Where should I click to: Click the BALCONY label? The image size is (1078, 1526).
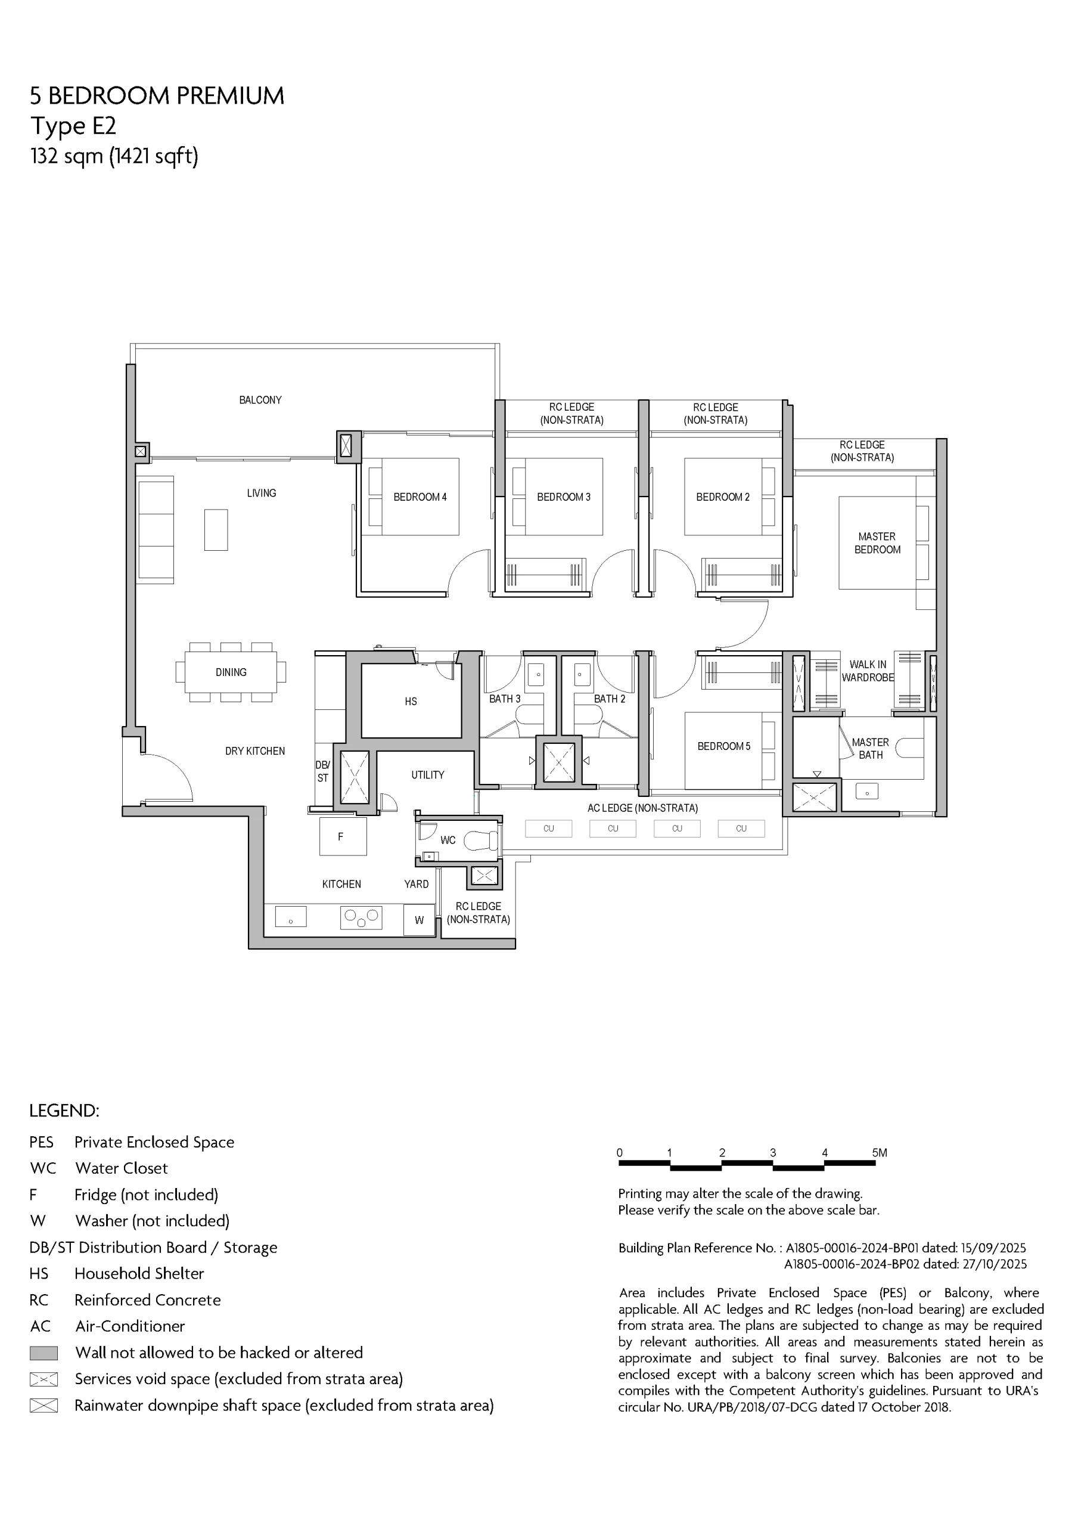coord(260,400)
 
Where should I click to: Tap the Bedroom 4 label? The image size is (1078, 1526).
coord(420,497)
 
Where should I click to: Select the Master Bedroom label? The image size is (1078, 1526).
coord(877,543)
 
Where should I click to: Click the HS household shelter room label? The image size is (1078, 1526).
coord(411,701)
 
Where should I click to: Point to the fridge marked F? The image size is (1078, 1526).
coord(343,837)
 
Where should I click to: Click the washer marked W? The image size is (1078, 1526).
coord(420,920)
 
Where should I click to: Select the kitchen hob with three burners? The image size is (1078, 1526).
coord(361,918)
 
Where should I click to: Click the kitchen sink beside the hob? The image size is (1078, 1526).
coord(290,917)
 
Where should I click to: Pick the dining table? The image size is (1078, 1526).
coord(231,672)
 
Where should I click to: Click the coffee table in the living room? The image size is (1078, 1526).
coord(216,530)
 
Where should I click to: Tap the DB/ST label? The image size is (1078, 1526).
coord(322,771)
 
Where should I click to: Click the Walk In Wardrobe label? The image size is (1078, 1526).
coord(868,671)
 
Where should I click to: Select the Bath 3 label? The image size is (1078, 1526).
coord(505,699)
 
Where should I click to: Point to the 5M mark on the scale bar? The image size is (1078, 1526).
coord(880,1153)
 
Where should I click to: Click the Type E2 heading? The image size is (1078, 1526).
coord(73,126)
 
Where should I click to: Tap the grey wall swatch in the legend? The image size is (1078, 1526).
coord(44,1353)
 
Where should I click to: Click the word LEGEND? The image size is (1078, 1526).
coord(64,1111)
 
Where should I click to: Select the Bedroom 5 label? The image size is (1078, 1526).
coord(724,746)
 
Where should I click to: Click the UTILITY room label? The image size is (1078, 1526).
coord(427,775)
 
